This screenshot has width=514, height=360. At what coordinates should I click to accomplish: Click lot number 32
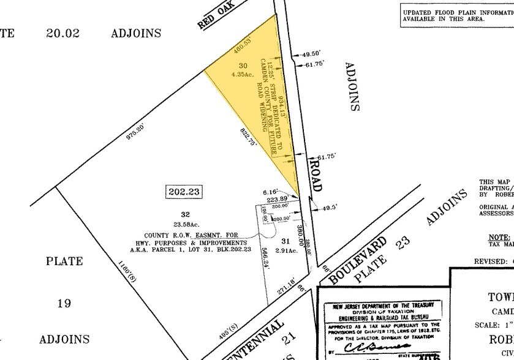tap(185, 214)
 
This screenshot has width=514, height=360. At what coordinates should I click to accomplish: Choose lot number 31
tap(282, 241)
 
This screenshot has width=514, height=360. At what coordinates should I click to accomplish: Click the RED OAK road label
tap(213, 18)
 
